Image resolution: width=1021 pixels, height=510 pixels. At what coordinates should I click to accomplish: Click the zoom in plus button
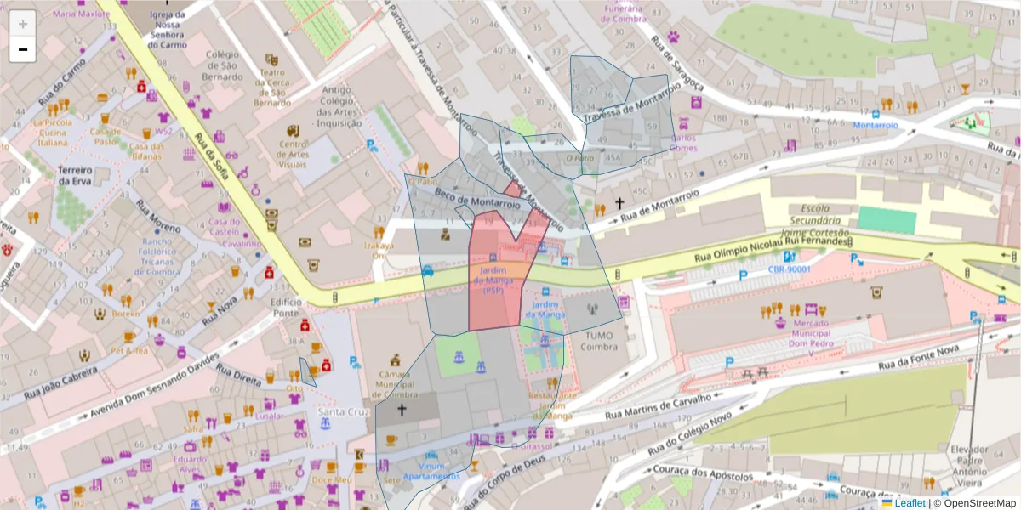point(22,23)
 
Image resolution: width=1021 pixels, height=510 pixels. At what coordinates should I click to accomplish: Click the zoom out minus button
point(22,50)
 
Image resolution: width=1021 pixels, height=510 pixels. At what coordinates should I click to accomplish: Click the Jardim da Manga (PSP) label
point(494,281)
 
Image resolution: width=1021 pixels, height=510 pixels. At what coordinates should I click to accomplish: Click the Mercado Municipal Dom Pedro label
point(806,333)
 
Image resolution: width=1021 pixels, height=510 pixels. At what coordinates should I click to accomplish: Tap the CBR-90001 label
point(789,269)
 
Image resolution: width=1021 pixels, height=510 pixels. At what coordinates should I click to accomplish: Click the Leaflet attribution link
point(910,503)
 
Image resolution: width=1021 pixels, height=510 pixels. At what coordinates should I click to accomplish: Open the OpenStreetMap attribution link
point(978,503)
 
